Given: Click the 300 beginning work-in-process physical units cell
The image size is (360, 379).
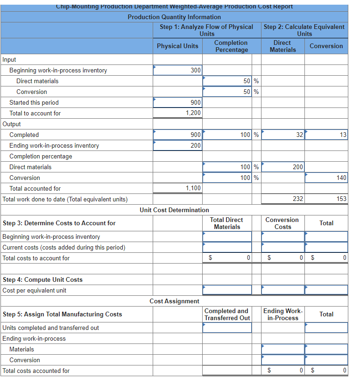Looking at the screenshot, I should coord(177,70).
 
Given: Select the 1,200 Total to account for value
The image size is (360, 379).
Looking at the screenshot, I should coord(193,113).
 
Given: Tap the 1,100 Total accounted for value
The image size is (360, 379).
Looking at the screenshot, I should coord(193,188).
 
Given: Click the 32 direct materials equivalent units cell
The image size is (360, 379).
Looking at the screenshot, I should coord(282,135).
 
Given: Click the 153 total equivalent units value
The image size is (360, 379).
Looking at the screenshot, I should coord(341,199).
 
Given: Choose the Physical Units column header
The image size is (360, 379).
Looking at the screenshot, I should coord(177,46).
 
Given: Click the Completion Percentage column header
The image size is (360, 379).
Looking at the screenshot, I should coord(231,46).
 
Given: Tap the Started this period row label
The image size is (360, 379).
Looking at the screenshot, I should coord(34,102).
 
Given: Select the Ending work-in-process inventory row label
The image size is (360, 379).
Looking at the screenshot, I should coord(54,145).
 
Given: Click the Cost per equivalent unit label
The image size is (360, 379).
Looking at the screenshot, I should coord(35,290).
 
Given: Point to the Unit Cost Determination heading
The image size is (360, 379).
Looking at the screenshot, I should coord(174,210).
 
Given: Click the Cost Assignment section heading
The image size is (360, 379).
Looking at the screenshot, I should coord(174,301).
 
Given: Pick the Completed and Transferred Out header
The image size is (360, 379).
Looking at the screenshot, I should coord(227,315).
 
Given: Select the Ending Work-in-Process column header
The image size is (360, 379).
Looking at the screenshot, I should coord(282,315).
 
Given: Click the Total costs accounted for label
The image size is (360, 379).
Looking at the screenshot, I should coord(36,371).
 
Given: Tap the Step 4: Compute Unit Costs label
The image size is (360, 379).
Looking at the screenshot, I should coord(42,279).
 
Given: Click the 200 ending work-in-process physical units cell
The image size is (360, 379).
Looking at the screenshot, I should coord(177,145).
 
